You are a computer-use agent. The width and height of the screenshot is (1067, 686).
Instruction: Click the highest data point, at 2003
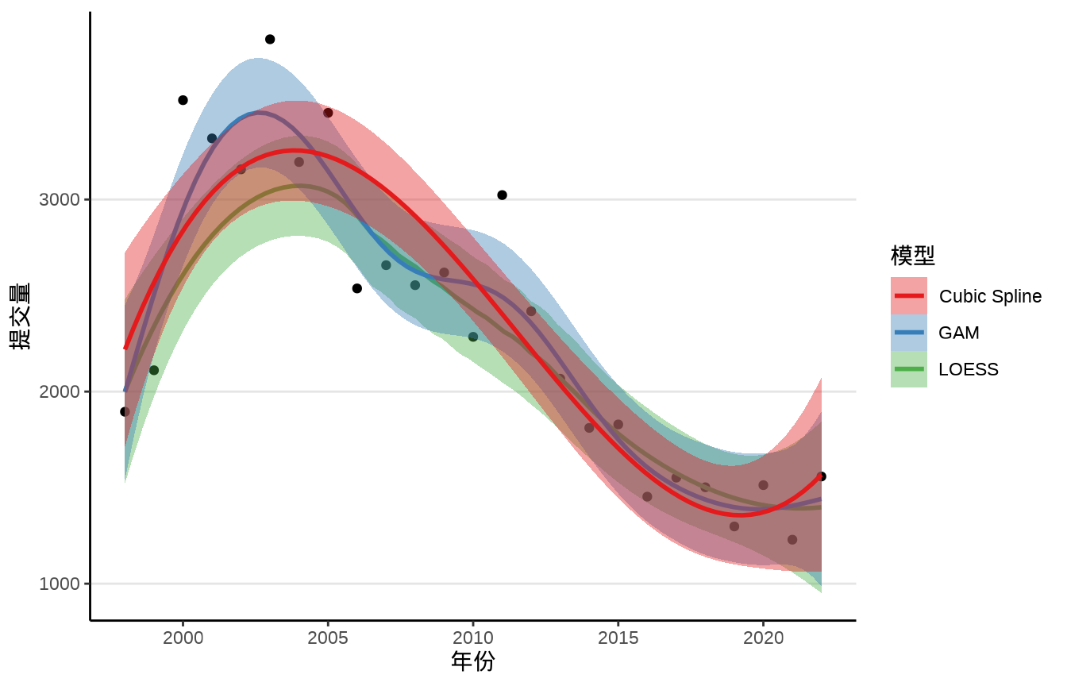click(270, 39)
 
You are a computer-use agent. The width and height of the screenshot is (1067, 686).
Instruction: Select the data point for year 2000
click(183, 100)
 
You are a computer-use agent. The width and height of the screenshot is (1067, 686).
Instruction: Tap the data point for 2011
click(502, 195)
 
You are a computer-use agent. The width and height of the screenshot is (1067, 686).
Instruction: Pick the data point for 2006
click(357, 288)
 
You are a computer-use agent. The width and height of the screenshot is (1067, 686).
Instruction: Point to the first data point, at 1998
click(125, 411)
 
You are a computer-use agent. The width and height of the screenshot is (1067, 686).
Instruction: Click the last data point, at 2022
click(821, 476)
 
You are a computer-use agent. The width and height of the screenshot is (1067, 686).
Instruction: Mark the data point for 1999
click(154, 370)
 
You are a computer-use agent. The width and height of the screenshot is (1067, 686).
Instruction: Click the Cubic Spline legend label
click(990, 296)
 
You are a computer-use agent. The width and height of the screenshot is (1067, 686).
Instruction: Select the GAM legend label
click(958, 333)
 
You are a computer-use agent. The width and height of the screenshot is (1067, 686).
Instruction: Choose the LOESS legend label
click(969, 369)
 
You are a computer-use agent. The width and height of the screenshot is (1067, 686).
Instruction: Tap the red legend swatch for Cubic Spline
click(909, 296)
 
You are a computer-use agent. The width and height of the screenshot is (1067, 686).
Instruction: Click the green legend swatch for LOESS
click(909, 369)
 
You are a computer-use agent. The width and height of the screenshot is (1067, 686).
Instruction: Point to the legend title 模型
click(912, 256)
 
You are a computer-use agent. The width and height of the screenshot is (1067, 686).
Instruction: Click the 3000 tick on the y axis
click(60, 199)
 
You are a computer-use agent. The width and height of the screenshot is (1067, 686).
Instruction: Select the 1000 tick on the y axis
click(60, 584)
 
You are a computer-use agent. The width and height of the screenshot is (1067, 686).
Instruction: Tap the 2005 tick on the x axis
click(328, 638)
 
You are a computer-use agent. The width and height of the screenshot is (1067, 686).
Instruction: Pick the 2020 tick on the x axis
click(763, 638)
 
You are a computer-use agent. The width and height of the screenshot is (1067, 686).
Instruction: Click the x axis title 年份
click(472, 661)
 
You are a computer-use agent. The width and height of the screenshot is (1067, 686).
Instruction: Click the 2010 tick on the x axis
click(473, 638)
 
